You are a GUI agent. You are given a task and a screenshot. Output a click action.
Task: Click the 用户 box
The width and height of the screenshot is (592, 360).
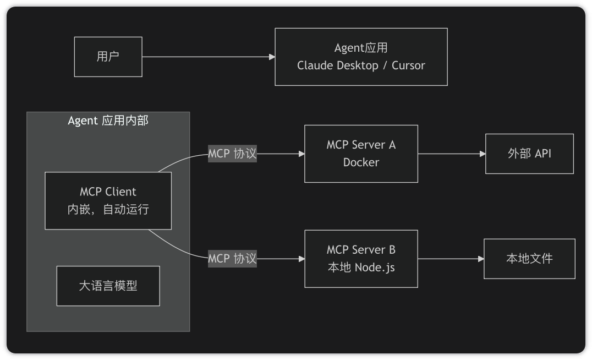pos(108,57)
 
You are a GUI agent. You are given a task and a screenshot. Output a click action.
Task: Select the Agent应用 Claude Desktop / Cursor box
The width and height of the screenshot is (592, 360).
pos(361,57)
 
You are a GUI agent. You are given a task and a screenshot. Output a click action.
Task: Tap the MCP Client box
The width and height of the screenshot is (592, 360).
pos(108,200)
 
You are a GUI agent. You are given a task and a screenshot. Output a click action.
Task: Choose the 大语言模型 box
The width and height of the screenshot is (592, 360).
pos(108,286)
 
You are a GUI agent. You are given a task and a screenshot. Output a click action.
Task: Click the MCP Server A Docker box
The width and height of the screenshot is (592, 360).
pos(361,154)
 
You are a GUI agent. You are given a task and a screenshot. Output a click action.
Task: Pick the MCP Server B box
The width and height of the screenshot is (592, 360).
pos(361,259)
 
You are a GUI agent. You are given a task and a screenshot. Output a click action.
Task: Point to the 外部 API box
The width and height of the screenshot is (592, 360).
pos(529,154)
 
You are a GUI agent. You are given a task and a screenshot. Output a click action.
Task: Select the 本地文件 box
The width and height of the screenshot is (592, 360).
pos(529,259)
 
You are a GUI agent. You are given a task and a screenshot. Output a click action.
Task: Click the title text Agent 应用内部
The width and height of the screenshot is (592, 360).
pos(108,121)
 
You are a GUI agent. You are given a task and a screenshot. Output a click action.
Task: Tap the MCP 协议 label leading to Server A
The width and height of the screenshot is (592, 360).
pos(232,154)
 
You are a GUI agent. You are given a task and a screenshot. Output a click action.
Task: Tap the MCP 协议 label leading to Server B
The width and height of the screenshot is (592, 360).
pos(232,259)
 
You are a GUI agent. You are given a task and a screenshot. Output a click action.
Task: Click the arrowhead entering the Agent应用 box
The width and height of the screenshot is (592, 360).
pos(272,57)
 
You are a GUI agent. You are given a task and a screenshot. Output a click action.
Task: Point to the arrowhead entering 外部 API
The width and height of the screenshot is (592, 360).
pos(482,154)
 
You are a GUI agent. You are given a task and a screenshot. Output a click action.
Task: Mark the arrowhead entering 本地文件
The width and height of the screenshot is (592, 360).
pos(481,259)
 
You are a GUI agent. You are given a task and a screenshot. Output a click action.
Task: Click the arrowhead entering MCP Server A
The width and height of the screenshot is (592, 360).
pos(302,154)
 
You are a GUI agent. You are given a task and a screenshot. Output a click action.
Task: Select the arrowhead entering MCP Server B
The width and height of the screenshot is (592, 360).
pos(302,259)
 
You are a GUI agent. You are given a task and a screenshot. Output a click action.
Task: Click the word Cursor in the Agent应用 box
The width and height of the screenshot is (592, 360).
pos(408,66)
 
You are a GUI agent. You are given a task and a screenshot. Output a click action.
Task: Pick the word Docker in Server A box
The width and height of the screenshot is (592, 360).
pos(361,162)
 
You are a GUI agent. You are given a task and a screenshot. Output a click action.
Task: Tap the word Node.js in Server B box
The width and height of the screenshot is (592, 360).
pos(375,268)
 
